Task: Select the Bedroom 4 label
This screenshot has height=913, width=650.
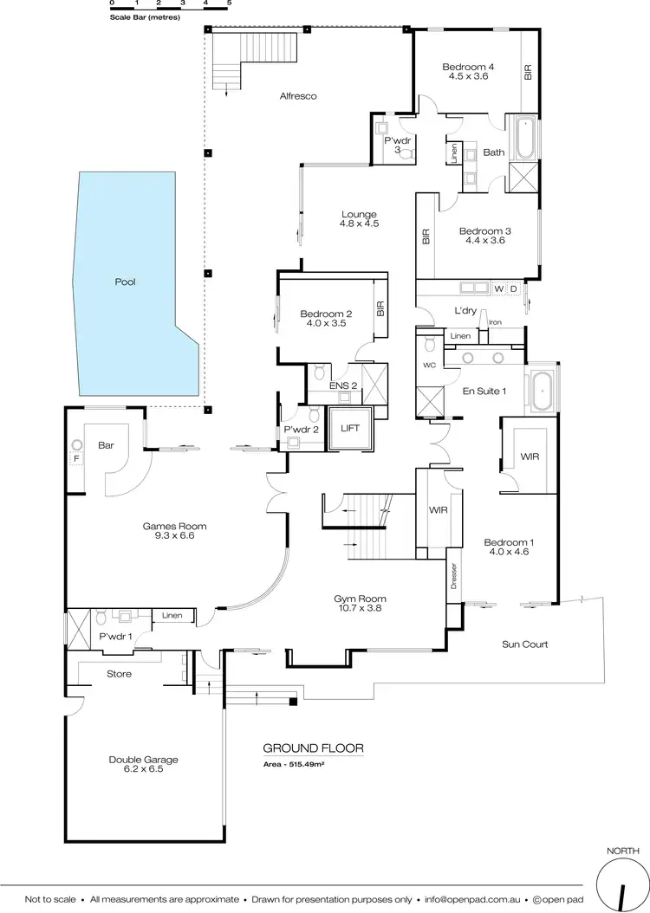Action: pyautogui.click(x=468, y=67)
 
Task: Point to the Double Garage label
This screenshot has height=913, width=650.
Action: pyautogui.click(x=144, y=760)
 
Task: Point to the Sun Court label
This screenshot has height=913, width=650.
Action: pyautogui.click(x=524, y=644)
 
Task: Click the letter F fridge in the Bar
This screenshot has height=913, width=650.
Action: pyautogui.click(x=75, y=458)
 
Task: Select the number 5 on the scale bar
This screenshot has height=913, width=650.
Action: pyautogui.click(x=229, y=4)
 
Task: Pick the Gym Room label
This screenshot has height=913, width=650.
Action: pyautogui.click(x=360, y=599)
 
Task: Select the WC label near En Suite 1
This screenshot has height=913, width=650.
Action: pyautogui.click(x=429, y=366)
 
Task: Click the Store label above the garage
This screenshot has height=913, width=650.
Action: pyautogui.click(x=119, y=673)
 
